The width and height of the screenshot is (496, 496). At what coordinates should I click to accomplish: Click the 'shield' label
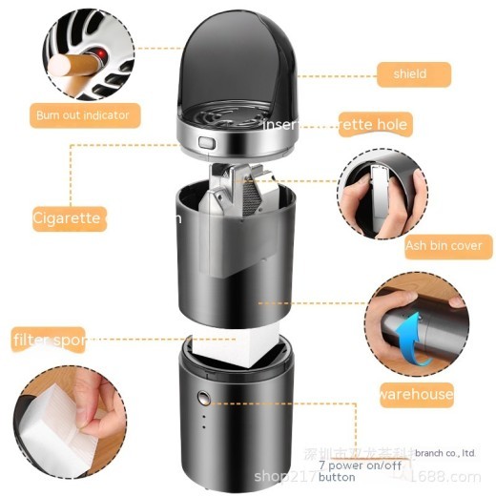409,73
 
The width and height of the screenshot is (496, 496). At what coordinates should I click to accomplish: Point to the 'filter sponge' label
48,339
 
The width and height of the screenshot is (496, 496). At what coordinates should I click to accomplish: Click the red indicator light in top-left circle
96,51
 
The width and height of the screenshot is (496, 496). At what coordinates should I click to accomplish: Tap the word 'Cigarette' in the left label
67,217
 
